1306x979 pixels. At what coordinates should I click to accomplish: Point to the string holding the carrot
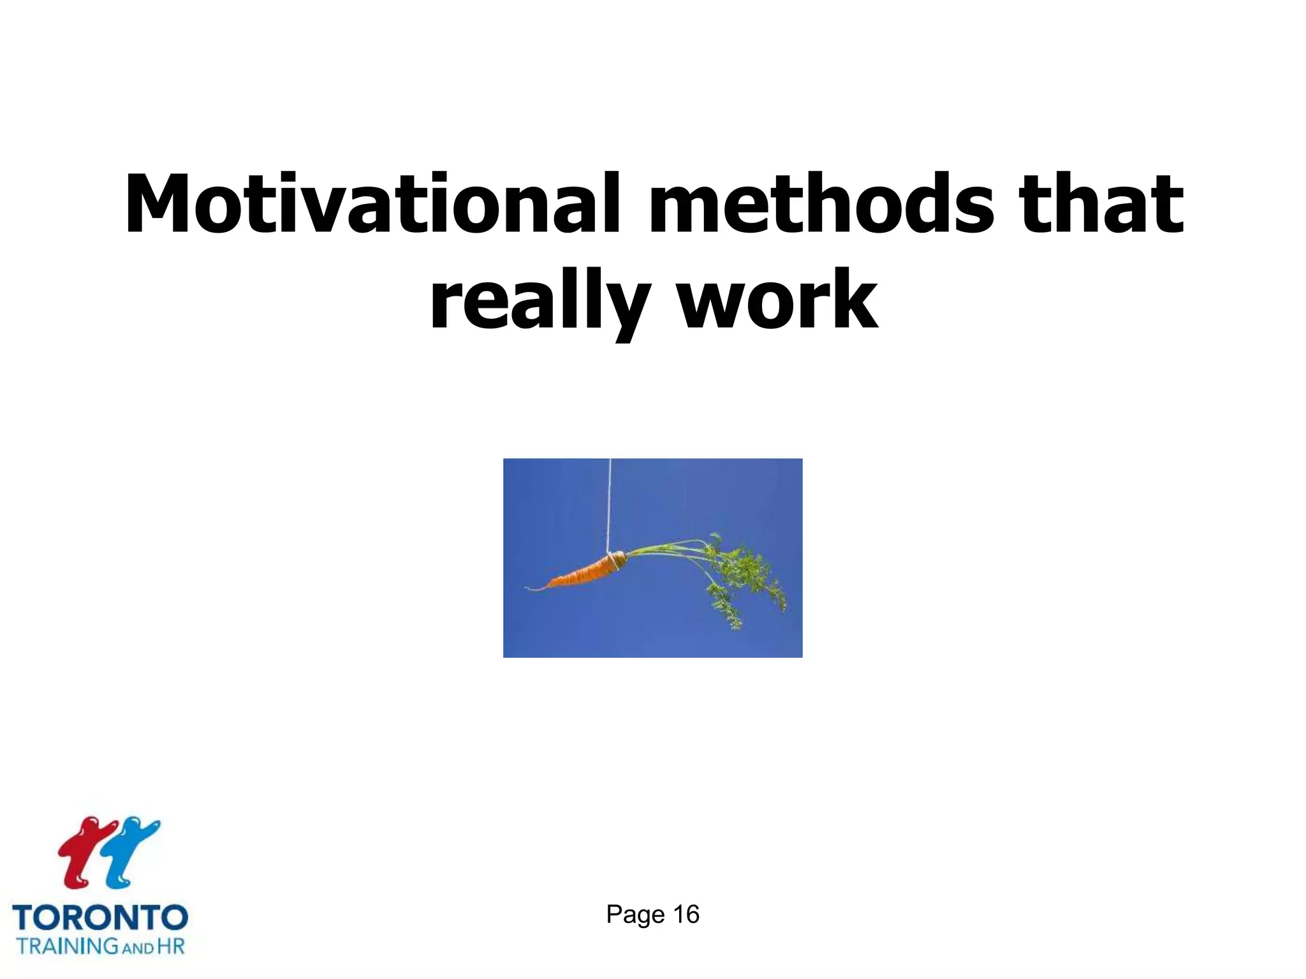(x=610, y=504)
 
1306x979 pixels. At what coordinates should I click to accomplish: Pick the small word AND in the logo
(x=138, y=948)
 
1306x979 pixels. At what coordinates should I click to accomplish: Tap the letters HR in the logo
(x=171, y=946)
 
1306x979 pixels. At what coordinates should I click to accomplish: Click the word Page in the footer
(x=635, y=915)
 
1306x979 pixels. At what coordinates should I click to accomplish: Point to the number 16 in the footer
(x=686, y=915)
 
